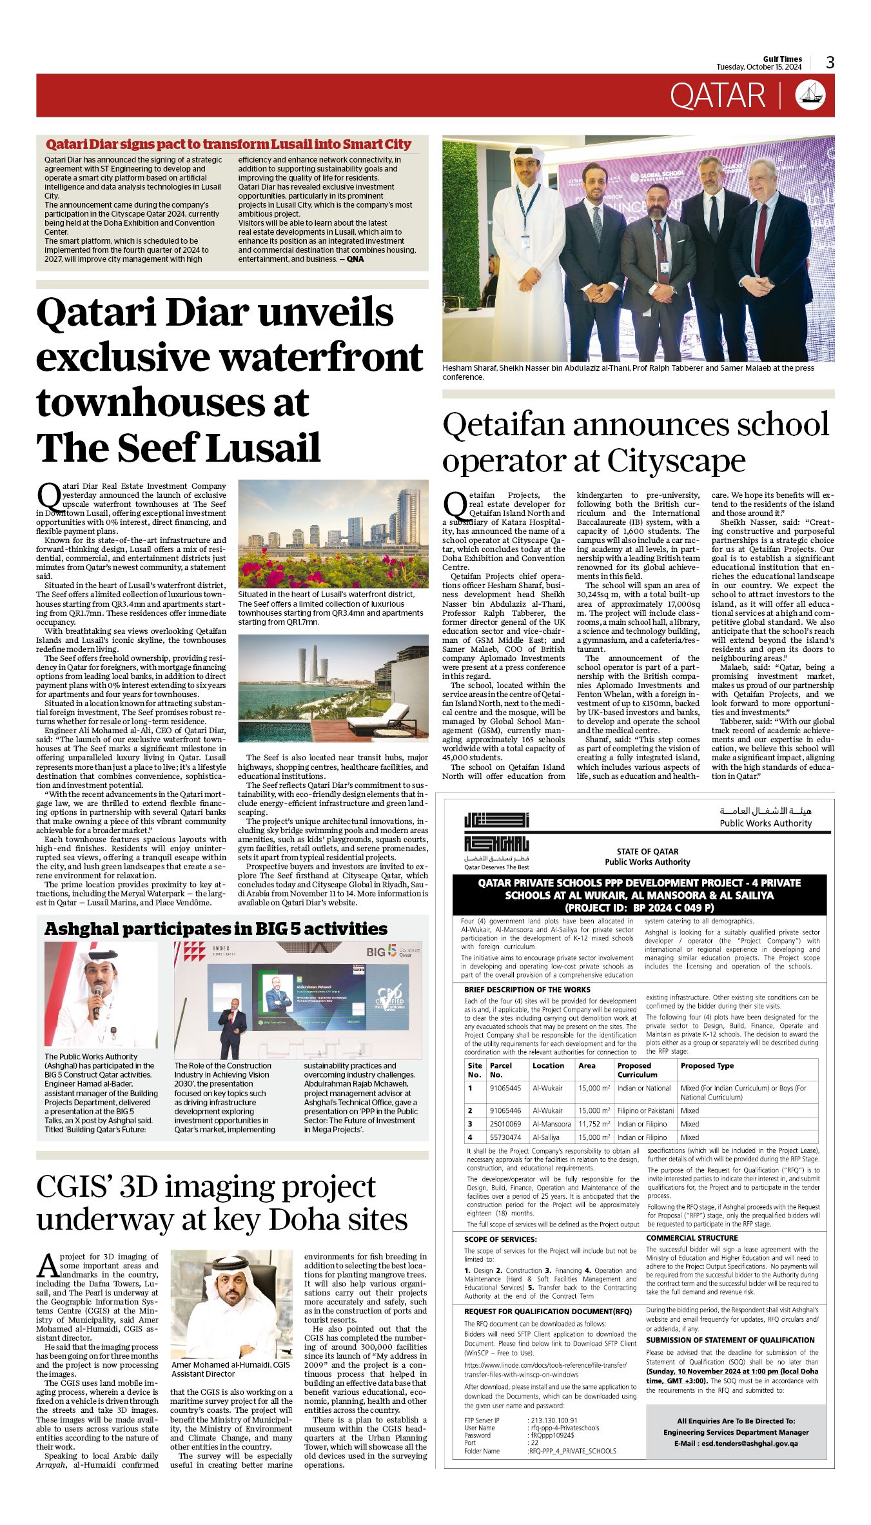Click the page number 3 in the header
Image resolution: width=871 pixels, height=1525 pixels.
pos(830,63)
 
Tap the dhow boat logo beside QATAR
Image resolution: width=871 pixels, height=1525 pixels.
pos(810,95)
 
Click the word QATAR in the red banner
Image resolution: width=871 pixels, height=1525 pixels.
pos(717,96)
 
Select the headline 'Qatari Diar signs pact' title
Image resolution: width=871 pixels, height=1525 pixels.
pos(228,144)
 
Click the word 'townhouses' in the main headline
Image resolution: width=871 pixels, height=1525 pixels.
pos(173,402)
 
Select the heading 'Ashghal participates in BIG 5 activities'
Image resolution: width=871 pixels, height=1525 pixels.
pos(216,929)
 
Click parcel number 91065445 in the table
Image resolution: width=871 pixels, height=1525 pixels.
pos(505,1088)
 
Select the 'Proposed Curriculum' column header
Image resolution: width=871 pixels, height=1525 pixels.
pos(638,1070)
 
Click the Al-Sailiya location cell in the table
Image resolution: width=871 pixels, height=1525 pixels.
pos(545,1137)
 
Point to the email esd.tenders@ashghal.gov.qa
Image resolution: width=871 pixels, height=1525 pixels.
pos(736,1443)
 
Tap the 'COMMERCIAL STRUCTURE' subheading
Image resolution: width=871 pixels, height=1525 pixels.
pos(692,1237)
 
